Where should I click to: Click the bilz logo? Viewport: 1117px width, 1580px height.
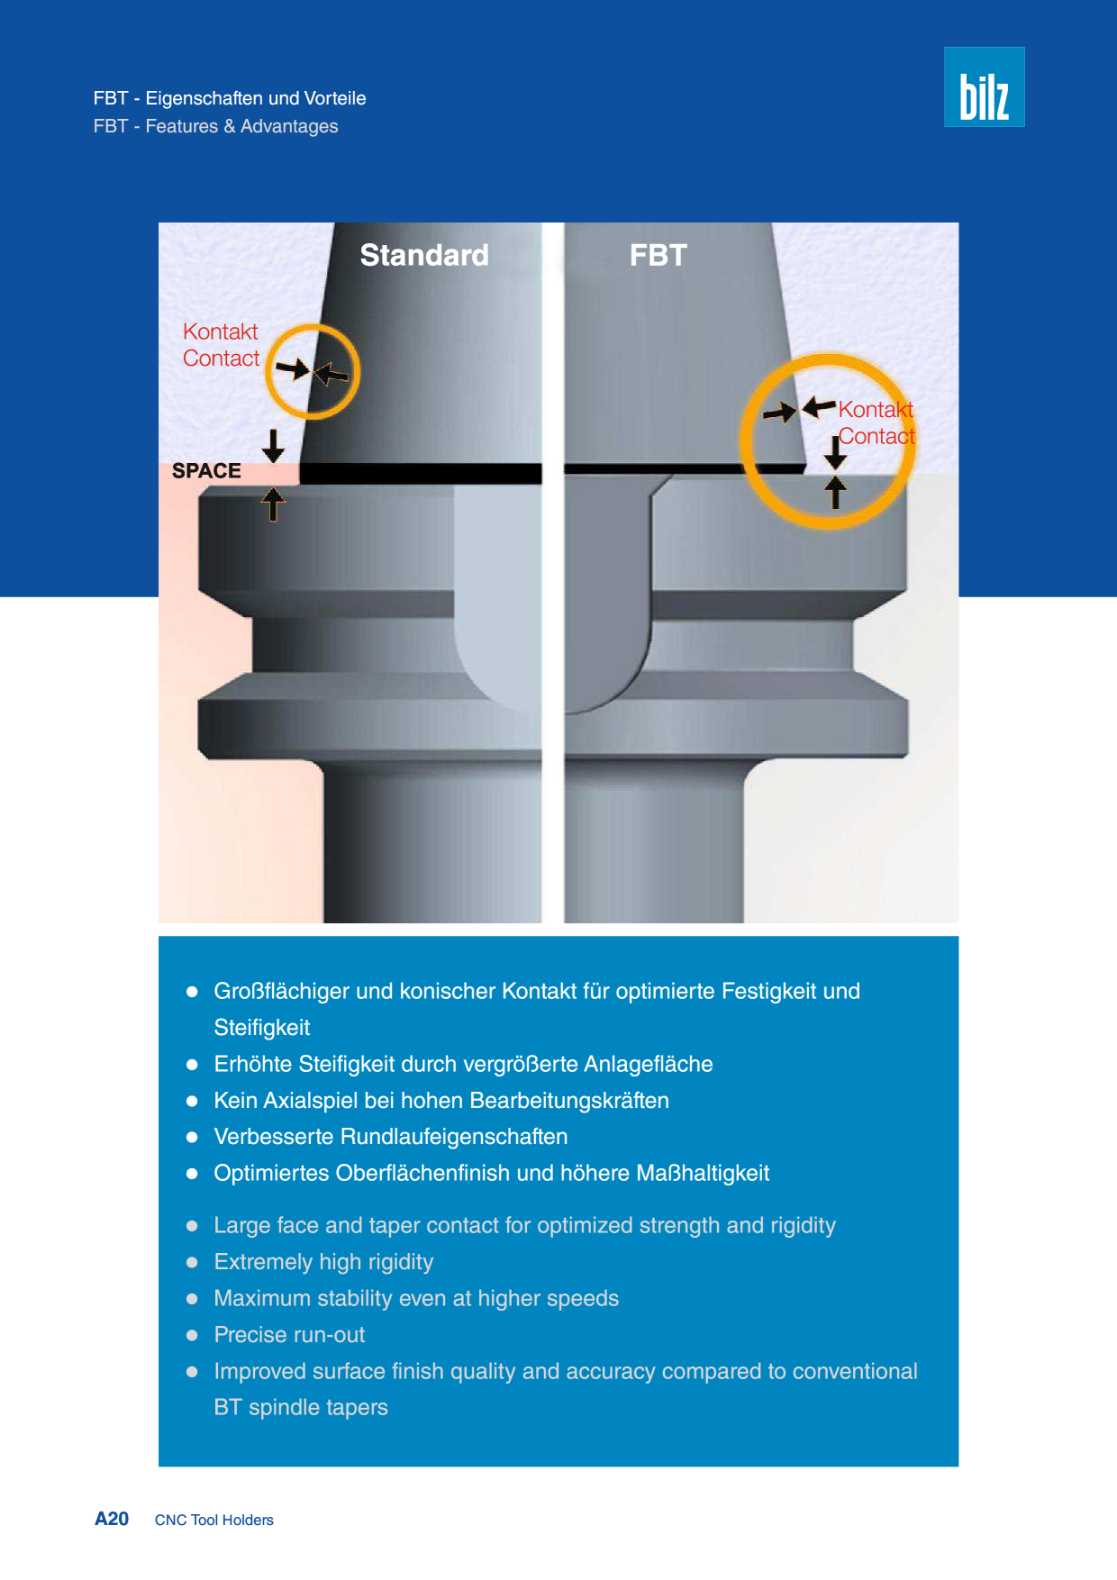click(984, 86)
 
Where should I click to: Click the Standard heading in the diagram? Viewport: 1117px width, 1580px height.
click(424, 255)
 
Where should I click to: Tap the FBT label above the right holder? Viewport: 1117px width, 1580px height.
click(658, 255)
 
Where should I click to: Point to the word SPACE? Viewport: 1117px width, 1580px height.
click(206, 471)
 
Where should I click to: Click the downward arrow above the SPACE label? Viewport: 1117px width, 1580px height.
click(273, 445)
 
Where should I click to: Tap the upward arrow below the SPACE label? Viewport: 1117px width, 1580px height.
click(273, 504)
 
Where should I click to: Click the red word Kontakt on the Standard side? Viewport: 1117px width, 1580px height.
click(220, 331)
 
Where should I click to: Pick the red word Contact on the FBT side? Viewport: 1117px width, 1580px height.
click(876, 436)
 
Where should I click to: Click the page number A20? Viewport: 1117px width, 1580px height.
click(112, 1519)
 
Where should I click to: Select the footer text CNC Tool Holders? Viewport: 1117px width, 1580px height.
click(214, 1520)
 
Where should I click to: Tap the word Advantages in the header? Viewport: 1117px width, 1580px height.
click(289, 126)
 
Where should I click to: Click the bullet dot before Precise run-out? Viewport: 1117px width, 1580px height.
click(192, 1335)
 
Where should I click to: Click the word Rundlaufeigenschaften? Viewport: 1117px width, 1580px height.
click(454, 1137)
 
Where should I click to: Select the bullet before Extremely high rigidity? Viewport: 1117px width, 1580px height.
click(192, 1262)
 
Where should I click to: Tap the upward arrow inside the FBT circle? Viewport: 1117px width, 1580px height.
click(836, 492)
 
